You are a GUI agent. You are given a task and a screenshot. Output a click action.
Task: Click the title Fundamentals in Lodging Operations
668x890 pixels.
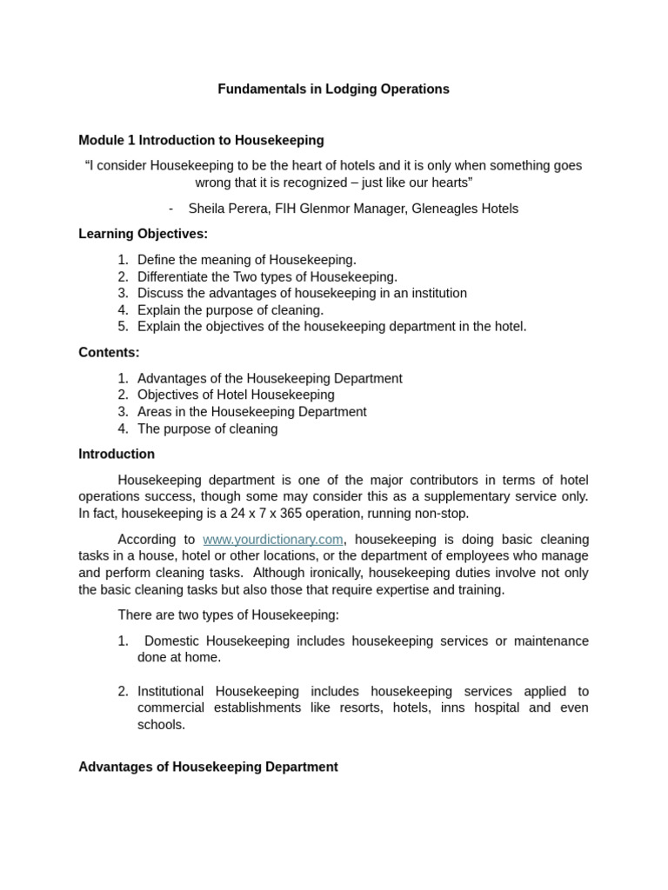click(333, 89)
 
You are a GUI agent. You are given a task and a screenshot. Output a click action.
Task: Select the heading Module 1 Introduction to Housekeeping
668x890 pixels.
click(201, 140)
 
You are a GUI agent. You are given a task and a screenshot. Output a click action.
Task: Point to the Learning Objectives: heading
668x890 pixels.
click(143, 234)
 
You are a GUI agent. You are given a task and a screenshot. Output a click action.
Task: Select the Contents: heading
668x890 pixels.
click(109, 352)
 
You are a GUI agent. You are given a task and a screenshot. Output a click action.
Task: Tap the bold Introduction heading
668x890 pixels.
click(117, 454)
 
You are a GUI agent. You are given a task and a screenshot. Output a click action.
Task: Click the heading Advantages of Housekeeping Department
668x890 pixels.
click(208, 767)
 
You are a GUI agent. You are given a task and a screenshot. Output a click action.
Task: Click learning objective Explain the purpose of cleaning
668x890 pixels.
click(230, 310)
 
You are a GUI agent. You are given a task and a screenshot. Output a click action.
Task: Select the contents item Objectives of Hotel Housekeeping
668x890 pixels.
click(236, 395)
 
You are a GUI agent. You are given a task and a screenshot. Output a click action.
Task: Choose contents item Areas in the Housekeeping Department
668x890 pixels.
click(251, 412)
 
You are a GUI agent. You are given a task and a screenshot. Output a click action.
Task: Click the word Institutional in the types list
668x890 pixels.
click(172, 692)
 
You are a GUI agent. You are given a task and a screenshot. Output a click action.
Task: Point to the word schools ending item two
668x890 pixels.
click(160, 725)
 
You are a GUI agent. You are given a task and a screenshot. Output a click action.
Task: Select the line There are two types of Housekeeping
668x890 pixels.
click(228, 615)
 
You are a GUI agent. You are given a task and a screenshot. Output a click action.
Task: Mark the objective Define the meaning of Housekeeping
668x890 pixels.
click(246, 260)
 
